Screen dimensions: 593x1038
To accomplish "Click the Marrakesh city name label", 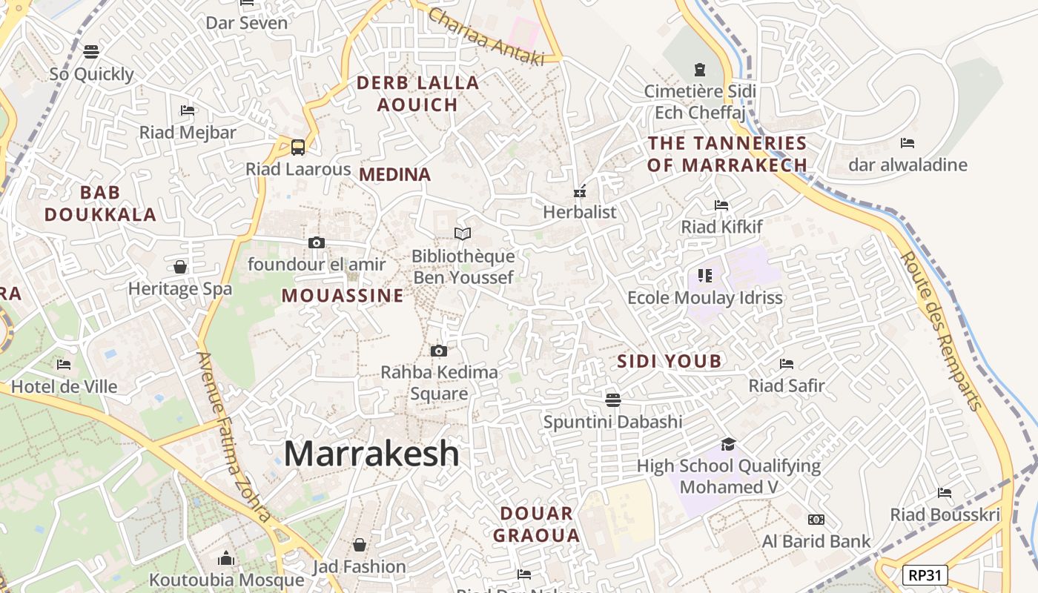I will pos(371,453).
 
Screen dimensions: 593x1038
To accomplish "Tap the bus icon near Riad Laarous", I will pos(298,147).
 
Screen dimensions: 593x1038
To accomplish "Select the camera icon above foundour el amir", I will pos(317,242).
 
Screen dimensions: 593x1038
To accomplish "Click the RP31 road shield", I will pos(925,574).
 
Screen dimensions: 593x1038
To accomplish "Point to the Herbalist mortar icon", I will pos(580,191).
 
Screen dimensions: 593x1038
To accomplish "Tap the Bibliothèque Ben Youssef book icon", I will pos(463,234).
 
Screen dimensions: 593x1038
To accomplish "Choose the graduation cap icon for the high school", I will pos(728,444).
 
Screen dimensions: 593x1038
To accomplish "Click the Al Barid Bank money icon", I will pos(816,520).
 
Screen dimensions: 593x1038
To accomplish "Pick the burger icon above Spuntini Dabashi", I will pos(612,400).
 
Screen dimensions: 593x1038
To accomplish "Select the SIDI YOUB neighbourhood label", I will pos(670,361).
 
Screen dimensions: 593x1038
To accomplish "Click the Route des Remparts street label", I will pos(941,331).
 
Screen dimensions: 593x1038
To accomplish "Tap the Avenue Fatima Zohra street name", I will pos(233,437).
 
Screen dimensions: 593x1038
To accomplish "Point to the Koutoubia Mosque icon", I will pos(226,558).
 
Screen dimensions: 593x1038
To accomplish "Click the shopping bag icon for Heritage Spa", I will pos(180,267).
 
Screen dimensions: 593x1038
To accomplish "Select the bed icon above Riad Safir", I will pos(787,364).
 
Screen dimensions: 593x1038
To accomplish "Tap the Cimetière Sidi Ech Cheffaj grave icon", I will pos(699,70).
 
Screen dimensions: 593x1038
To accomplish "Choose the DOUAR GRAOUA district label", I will pos(536,524).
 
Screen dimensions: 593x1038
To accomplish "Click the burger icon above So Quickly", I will pos(91,52).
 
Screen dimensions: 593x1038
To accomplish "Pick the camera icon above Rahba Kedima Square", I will pos(439,351).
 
